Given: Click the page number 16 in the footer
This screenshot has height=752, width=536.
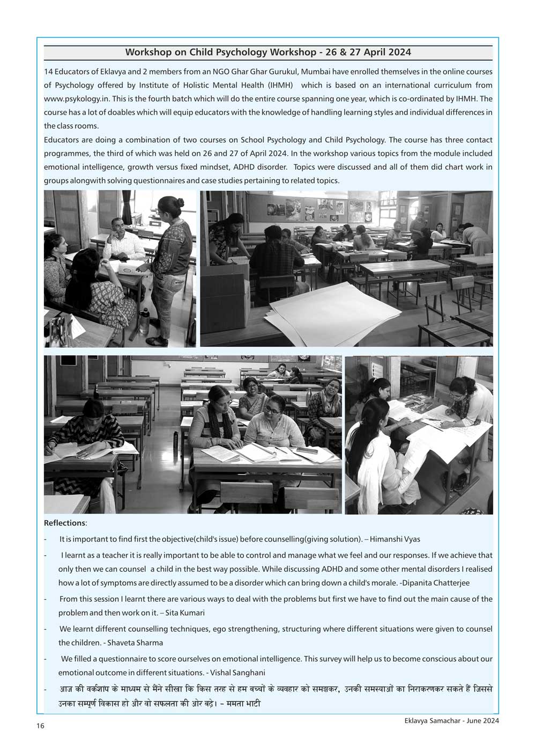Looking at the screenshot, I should (40, 726).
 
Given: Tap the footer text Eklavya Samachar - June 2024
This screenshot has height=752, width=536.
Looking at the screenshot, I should (452, 721).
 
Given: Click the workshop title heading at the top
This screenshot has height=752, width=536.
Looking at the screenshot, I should (268, 52).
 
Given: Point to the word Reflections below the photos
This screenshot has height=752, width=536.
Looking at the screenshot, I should (64, 523).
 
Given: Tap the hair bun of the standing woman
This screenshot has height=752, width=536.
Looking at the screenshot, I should (180, 203).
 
